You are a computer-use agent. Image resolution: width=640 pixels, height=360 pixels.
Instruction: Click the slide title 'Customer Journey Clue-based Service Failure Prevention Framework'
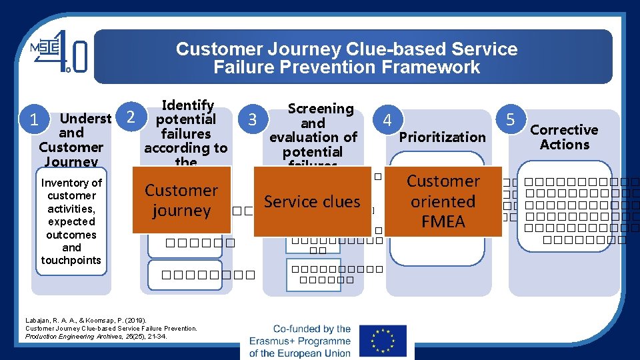point(347,58)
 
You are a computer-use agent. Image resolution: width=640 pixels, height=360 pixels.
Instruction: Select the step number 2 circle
point(132,117)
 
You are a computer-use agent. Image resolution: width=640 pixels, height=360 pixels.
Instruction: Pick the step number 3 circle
point(252,120)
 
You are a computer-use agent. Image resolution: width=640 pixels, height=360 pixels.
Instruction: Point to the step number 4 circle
point(386,121)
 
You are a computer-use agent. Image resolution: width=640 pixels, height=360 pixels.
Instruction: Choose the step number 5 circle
point(511,120)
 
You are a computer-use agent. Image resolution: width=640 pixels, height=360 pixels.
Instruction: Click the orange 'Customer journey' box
point(181,200)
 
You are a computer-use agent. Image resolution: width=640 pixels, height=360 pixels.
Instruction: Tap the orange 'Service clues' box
point(312,201)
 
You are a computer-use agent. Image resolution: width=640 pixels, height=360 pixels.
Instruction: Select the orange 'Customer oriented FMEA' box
point(443,201)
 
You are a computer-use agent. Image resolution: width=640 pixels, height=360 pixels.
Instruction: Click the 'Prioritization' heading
point(442,137)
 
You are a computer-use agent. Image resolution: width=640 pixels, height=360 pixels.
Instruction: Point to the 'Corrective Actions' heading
point(564,137)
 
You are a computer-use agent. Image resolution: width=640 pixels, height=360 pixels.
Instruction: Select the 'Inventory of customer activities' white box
point(71,221)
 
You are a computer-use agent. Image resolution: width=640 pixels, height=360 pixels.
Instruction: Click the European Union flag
point(382,341)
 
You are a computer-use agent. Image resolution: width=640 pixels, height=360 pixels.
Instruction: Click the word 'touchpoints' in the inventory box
point(71,260)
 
